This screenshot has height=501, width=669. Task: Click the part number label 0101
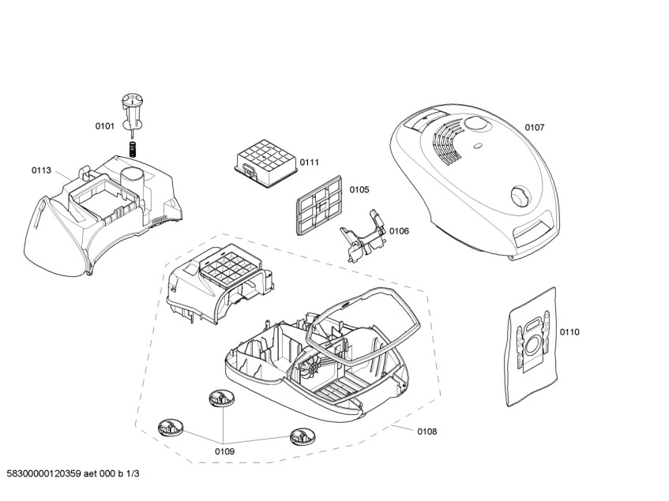click(105, 125)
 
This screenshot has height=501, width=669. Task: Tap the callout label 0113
click(42, 170)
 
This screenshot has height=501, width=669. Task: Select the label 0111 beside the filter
click(309, 163)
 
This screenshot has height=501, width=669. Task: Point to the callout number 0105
click(359, 189)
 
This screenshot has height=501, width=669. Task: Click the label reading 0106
click(399, 231)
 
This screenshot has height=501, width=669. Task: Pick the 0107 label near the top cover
click(535, 127)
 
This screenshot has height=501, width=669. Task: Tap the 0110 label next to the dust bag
click(569, 332)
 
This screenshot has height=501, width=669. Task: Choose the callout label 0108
click(427, 432)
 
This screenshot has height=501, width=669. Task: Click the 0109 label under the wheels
click(224, 452)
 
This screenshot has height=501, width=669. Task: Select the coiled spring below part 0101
click(133, 148)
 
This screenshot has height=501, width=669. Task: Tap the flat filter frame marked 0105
click(315, 204)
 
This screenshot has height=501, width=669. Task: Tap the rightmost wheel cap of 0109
click(301, 435)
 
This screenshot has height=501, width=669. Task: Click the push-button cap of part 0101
click(132, 100)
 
